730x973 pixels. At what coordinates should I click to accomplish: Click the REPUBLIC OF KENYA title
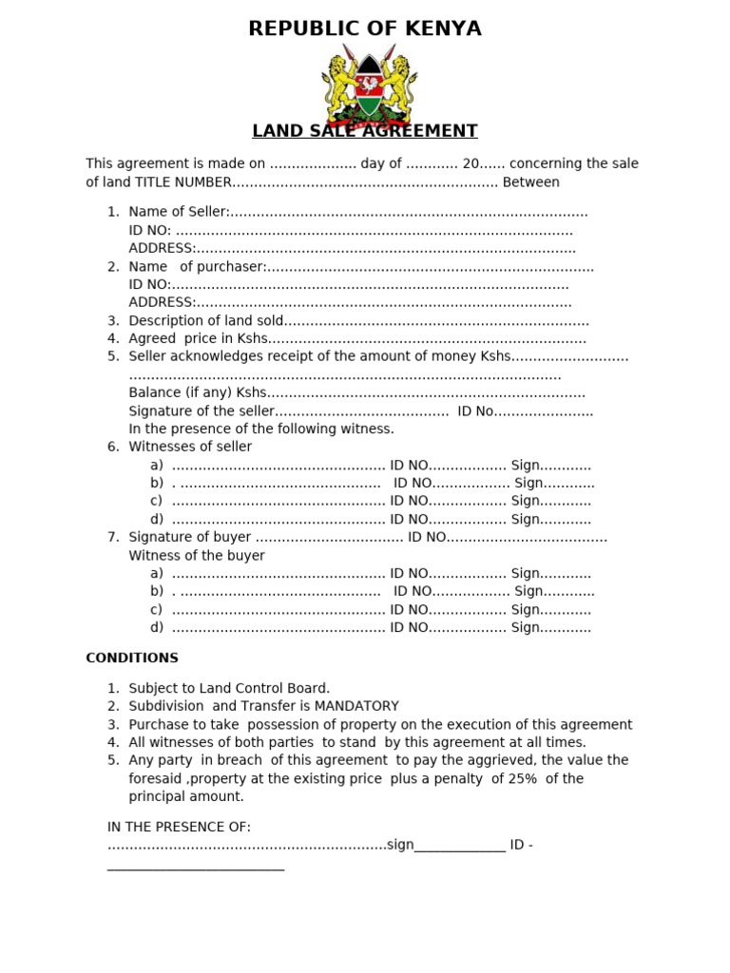(x=365, y=29)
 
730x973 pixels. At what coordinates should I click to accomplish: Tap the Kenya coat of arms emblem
(x=365, y=82)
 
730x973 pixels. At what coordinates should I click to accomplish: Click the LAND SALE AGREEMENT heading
(x=365, y=131)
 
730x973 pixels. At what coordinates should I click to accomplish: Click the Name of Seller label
(x=179, y=212)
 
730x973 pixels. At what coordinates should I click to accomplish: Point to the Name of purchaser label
(x=198, y=267)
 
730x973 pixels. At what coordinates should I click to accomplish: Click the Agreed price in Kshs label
(x=199, y=339)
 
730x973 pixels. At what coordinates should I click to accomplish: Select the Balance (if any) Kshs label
(x=198, y=393)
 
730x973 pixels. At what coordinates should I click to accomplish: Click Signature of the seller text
(x=202, y=411)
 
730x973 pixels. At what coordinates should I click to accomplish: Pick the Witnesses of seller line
(x=190, y=447)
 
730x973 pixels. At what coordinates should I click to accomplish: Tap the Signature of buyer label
(x=190, y=538)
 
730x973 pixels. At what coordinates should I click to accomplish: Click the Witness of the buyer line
(x=197, y=556)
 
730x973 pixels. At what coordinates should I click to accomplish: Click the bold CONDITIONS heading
(x=132, y=658)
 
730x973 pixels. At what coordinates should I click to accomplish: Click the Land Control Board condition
(x=229, y=688)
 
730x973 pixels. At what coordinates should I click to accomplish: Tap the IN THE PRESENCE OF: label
(x=179, y=828)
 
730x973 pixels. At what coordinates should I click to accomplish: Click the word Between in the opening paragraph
(x=530, y=182)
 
